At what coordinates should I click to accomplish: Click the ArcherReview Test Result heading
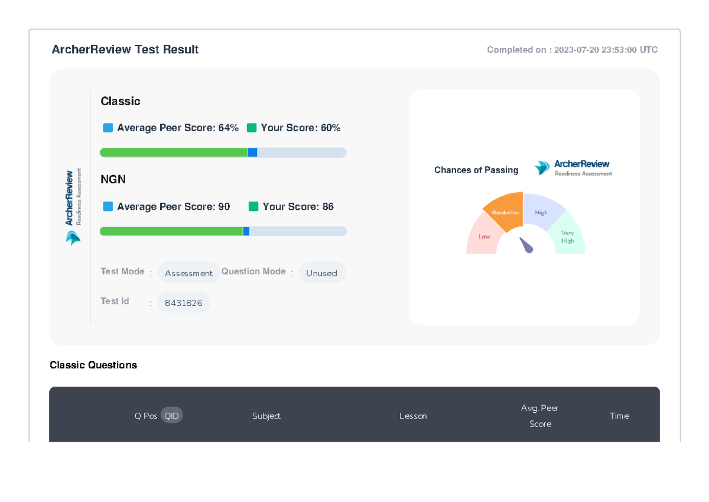click(x=125, y=50)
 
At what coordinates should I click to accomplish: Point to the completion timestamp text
click(x=572, y=50)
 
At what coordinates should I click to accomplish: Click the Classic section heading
click(x=121, y=101)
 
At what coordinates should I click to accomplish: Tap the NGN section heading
click(x=113, y=179)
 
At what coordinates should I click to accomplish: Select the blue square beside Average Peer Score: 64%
click(x=108, y=128)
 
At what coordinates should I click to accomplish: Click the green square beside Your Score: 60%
click(x=252, y=128)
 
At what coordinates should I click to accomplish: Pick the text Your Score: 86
click(x=298, y=206)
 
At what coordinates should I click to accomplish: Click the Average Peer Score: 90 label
click(x=173, y=206)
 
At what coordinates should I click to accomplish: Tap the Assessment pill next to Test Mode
click(x=188, y=273)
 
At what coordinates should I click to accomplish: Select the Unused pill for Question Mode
click(x=321, y=273)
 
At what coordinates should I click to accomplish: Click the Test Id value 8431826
click(x=183, y=303)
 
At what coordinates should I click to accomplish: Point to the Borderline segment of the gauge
click(x=504, y=211)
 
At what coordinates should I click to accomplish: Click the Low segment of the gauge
click(x=483, y=237)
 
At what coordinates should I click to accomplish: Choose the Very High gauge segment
click(x=568, y=237)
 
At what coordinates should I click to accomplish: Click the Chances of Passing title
click(x=476, y=170)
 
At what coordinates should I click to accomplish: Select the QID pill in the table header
click(x=171, y=416)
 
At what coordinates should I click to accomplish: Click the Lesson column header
click(x=413, y=416)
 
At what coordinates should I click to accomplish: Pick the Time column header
click(x=619, y=416)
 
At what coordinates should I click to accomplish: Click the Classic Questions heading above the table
click(x=93, y=365)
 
